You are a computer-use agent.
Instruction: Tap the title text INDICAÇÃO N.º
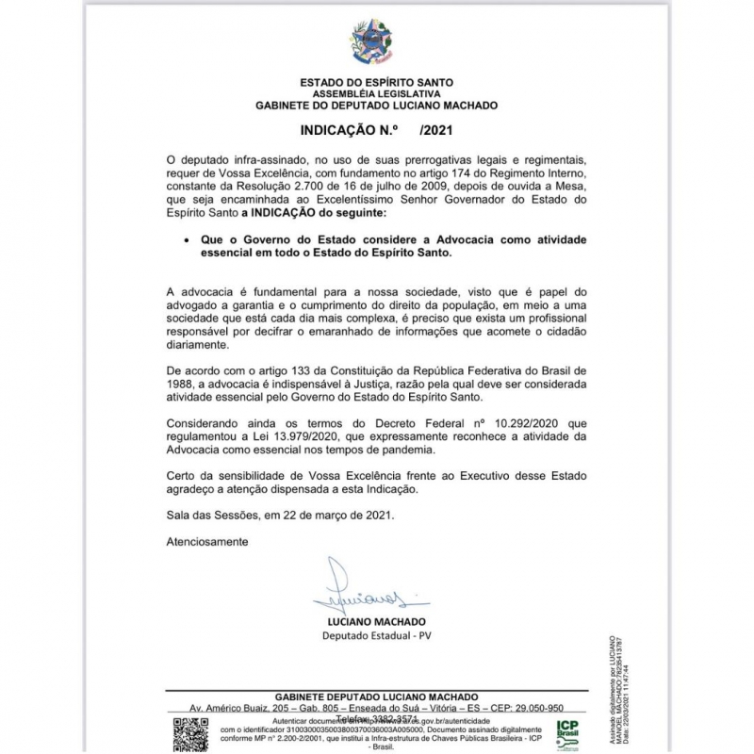342,133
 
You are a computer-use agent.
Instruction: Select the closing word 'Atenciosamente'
207,542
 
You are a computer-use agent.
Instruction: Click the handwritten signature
369,592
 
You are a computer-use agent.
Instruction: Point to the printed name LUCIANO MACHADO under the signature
376,622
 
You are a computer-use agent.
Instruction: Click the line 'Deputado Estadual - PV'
376,636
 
